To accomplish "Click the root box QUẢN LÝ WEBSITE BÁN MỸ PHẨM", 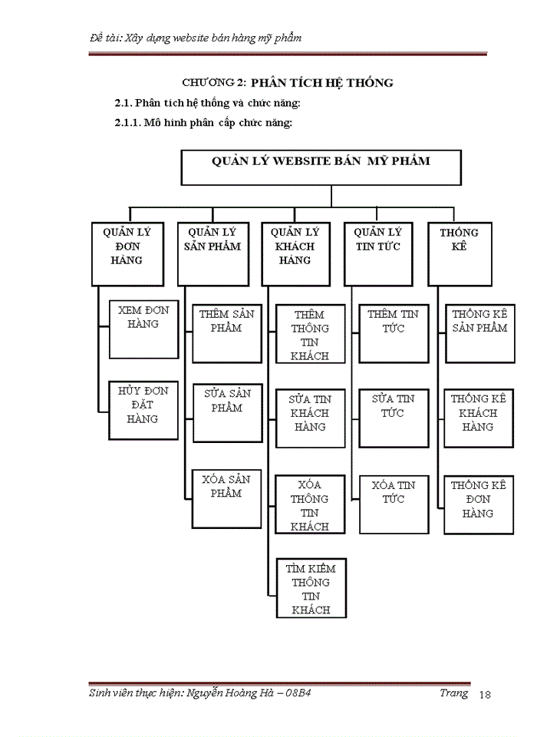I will [321, 167].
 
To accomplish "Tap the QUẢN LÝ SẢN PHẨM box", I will [212, 253].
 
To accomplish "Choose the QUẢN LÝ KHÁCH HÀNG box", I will [295, 253].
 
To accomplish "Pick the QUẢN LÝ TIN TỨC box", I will [378, 253].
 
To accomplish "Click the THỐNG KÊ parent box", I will [460, 253].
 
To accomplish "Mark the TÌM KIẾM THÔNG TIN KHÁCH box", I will [311, 587].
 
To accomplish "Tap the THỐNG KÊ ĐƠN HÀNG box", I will [478, 504].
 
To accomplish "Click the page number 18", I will [484, 695].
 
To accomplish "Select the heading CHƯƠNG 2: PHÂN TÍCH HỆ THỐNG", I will [288, 82].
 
